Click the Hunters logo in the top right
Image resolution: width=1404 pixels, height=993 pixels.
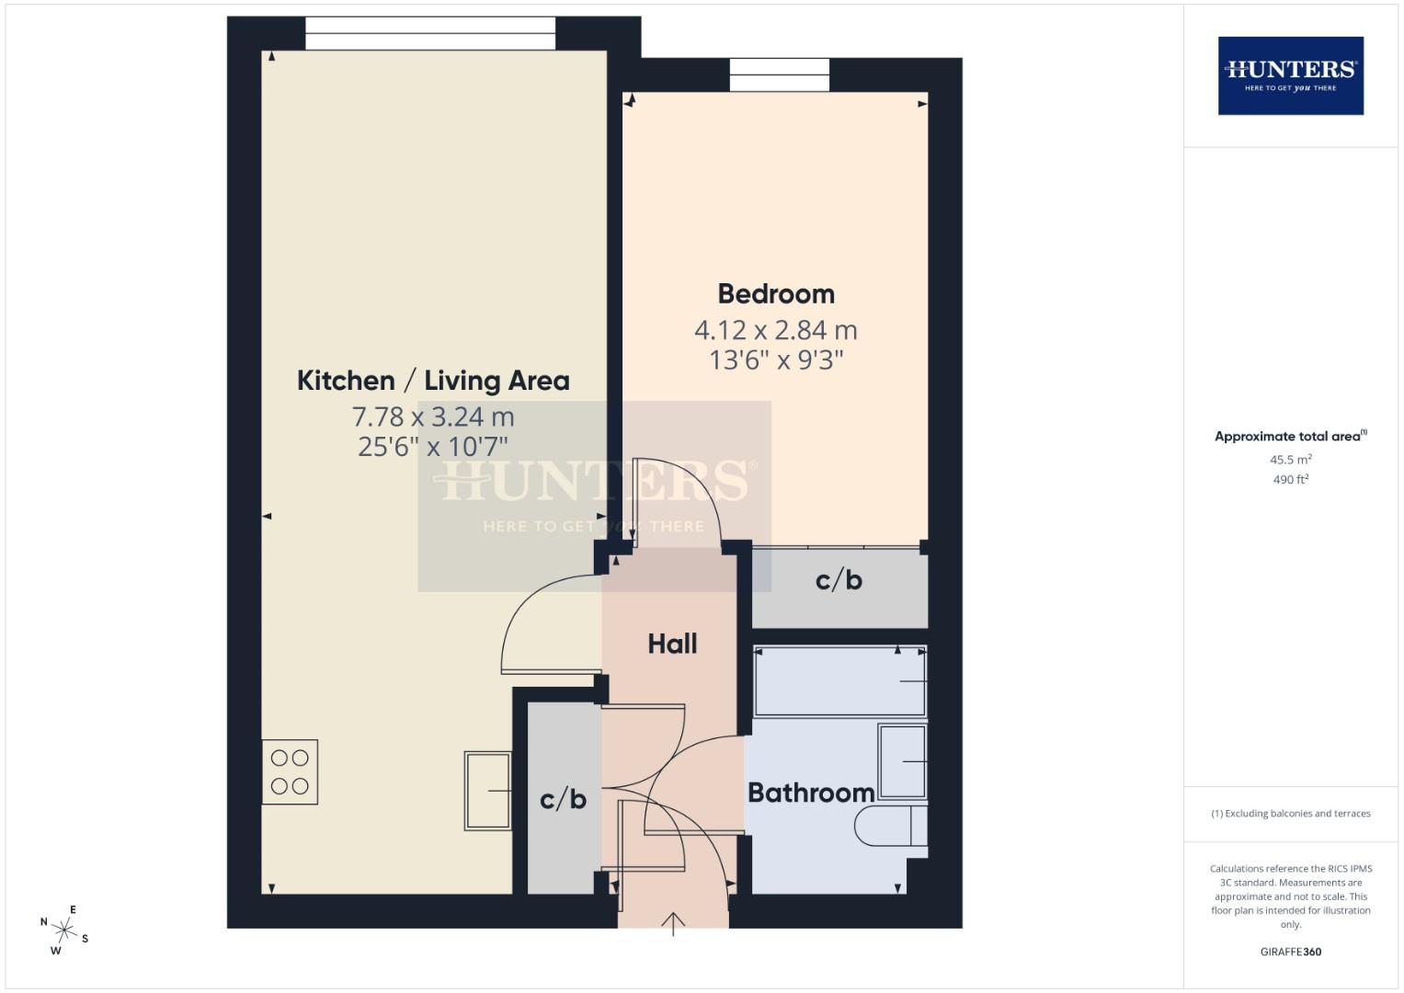click(1290, 75)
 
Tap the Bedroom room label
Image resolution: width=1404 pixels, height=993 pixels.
click(776, 294)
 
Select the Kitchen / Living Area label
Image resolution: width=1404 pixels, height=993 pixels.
click(433, 381)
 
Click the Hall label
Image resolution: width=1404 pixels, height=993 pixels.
click(672, 644)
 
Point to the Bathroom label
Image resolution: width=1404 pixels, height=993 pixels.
click(810, 793)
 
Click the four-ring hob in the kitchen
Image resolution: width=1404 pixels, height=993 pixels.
click(290, 772)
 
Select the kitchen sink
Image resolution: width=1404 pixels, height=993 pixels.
click(487, 791)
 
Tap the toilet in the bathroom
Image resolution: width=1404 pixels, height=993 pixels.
click(890, 826)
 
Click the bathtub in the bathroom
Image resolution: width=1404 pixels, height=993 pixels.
click(839, 681)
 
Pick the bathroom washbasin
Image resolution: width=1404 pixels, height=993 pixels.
click(902, 761)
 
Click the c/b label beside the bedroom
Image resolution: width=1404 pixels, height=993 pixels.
click(839, 580)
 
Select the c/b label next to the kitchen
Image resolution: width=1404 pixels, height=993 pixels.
click(563, 799)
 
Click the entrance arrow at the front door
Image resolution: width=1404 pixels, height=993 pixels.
click(673, 923)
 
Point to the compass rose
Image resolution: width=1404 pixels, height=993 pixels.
click(64, 930)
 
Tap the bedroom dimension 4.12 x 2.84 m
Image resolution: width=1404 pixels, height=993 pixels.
click(775, 329)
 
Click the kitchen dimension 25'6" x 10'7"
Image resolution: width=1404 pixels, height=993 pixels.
click(433, 447)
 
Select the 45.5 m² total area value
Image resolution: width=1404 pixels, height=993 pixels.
click(1290, 460)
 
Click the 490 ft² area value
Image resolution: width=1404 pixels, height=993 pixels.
click(1290, 480)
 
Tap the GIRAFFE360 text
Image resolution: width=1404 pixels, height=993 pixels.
click(1290, 952)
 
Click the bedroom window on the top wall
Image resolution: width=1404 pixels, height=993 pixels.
click(780, 75)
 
